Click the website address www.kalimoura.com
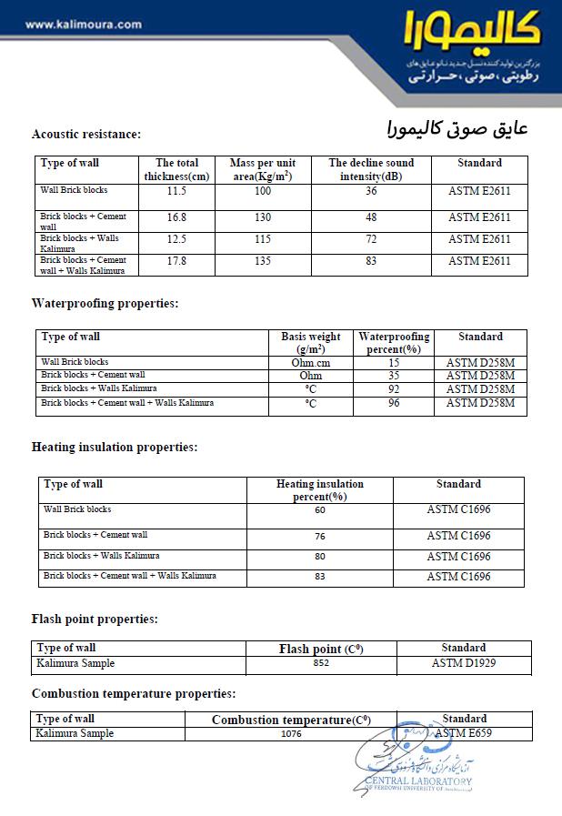(83, 25)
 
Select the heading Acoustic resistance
(86, 135)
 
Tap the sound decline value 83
(371, 261)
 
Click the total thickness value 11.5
(176, 191)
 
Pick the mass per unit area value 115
(263, 239)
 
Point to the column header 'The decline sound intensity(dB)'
(371, 169)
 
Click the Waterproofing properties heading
(105, 303)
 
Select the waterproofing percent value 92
(394, 388)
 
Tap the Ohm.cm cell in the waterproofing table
(310, 363)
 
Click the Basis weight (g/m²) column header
(310, 342)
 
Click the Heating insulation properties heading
(115, 448)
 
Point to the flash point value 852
(320, 664)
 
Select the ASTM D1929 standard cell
(464, 664)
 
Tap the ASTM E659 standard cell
(463, 733)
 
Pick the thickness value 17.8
(176, 261)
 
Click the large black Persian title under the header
(451, 126)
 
